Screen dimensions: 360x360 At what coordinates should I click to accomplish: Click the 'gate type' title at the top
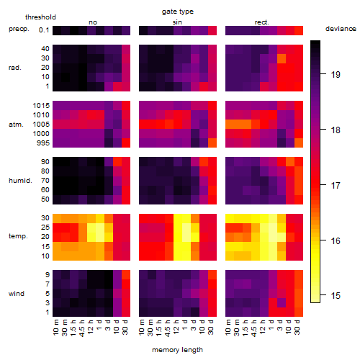178,12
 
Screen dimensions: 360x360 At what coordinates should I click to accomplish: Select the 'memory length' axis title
177,350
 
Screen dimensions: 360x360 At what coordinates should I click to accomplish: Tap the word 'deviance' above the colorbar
341,29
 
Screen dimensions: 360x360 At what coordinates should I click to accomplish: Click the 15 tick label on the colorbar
336,295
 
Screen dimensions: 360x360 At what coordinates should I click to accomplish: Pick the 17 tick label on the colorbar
336,185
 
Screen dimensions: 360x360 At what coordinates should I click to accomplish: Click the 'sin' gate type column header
177,22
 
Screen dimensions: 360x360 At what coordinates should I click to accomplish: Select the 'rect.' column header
261,22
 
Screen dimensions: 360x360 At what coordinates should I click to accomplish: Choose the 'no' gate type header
93,22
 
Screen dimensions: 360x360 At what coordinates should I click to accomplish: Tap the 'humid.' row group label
20,181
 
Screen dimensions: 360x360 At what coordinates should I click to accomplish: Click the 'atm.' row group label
16,125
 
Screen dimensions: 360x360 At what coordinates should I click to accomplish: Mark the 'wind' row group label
17,294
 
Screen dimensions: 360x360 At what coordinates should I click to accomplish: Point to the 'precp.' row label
19,29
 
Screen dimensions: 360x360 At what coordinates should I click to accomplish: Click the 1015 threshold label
41,106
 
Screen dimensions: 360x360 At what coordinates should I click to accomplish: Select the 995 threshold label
43,143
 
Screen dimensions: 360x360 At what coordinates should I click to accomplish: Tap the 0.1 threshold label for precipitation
44,30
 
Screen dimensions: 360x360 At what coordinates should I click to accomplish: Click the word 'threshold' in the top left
40,17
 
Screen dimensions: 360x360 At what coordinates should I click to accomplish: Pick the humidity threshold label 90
45,162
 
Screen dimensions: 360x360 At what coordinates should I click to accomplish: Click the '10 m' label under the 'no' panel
56,328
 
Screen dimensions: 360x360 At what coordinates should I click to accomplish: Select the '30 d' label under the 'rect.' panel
297,328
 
